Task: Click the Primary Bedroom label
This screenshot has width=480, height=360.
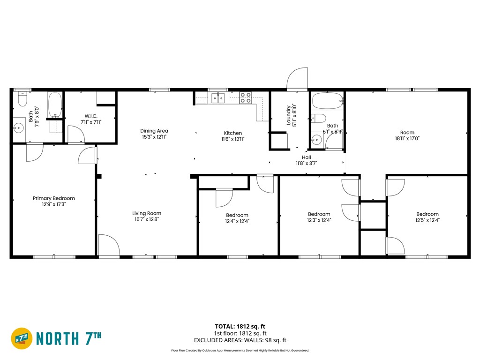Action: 53,198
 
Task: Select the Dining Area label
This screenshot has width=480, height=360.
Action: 154,131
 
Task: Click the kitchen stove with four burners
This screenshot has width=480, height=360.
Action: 246,97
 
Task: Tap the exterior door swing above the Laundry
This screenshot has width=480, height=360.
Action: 298,78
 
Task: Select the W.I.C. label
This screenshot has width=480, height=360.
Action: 90,116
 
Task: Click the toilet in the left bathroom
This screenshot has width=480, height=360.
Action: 22,99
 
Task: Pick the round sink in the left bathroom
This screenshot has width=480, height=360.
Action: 19,126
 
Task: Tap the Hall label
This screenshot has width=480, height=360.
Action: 307,157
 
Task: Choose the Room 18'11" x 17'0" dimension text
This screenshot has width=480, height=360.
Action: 407,139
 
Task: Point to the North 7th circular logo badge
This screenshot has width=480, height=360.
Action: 22,338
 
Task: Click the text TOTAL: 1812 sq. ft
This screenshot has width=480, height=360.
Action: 240,326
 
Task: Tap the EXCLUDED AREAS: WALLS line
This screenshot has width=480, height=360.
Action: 240,340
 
